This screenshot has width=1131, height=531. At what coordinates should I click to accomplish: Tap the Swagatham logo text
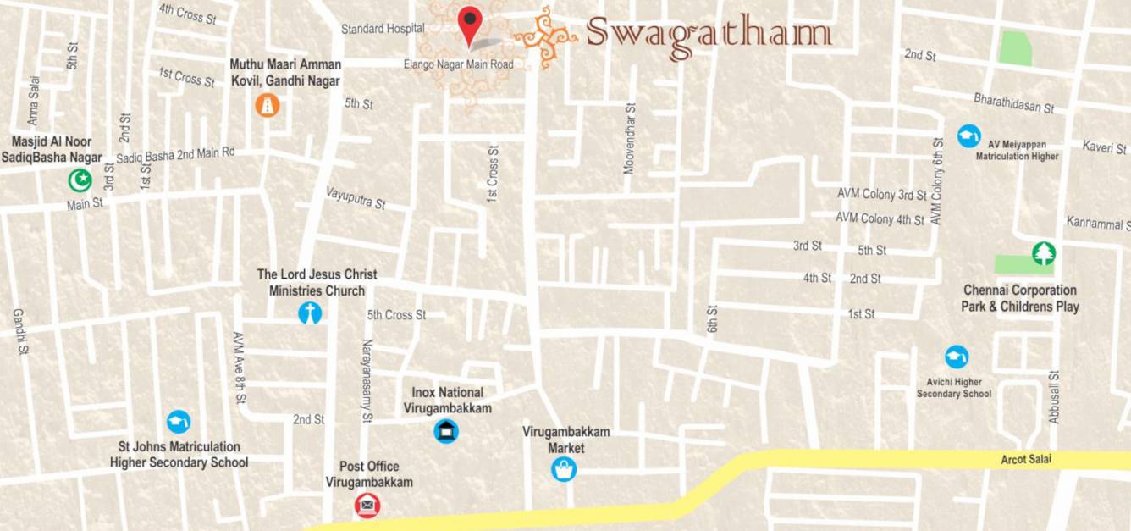708,35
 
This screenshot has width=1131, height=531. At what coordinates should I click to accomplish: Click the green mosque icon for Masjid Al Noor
80,180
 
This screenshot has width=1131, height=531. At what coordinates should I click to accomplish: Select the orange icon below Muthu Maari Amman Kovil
268,105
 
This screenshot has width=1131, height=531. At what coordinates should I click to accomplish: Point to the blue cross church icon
310,313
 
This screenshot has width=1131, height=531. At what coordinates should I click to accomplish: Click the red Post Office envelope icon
367,506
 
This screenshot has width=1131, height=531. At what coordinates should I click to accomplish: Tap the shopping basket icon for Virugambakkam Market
564,469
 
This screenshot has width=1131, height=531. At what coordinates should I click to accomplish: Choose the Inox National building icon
446,431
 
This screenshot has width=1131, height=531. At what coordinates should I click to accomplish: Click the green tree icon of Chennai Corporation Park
1044,252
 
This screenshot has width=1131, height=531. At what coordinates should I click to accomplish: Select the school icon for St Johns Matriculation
179,421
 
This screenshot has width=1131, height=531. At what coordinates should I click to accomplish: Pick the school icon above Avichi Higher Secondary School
957,357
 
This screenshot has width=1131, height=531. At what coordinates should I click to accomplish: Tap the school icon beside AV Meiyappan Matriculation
968,136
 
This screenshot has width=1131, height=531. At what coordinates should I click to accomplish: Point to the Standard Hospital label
383,29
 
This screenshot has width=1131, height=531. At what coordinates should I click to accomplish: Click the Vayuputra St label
356,198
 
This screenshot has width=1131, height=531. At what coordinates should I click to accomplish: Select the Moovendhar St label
629,139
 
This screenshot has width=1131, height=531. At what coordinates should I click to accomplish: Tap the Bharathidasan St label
1013,102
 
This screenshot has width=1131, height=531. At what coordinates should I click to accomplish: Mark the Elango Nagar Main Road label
458,64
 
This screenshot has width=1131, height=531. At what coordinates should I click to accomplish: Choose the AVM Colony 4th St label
880,218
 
